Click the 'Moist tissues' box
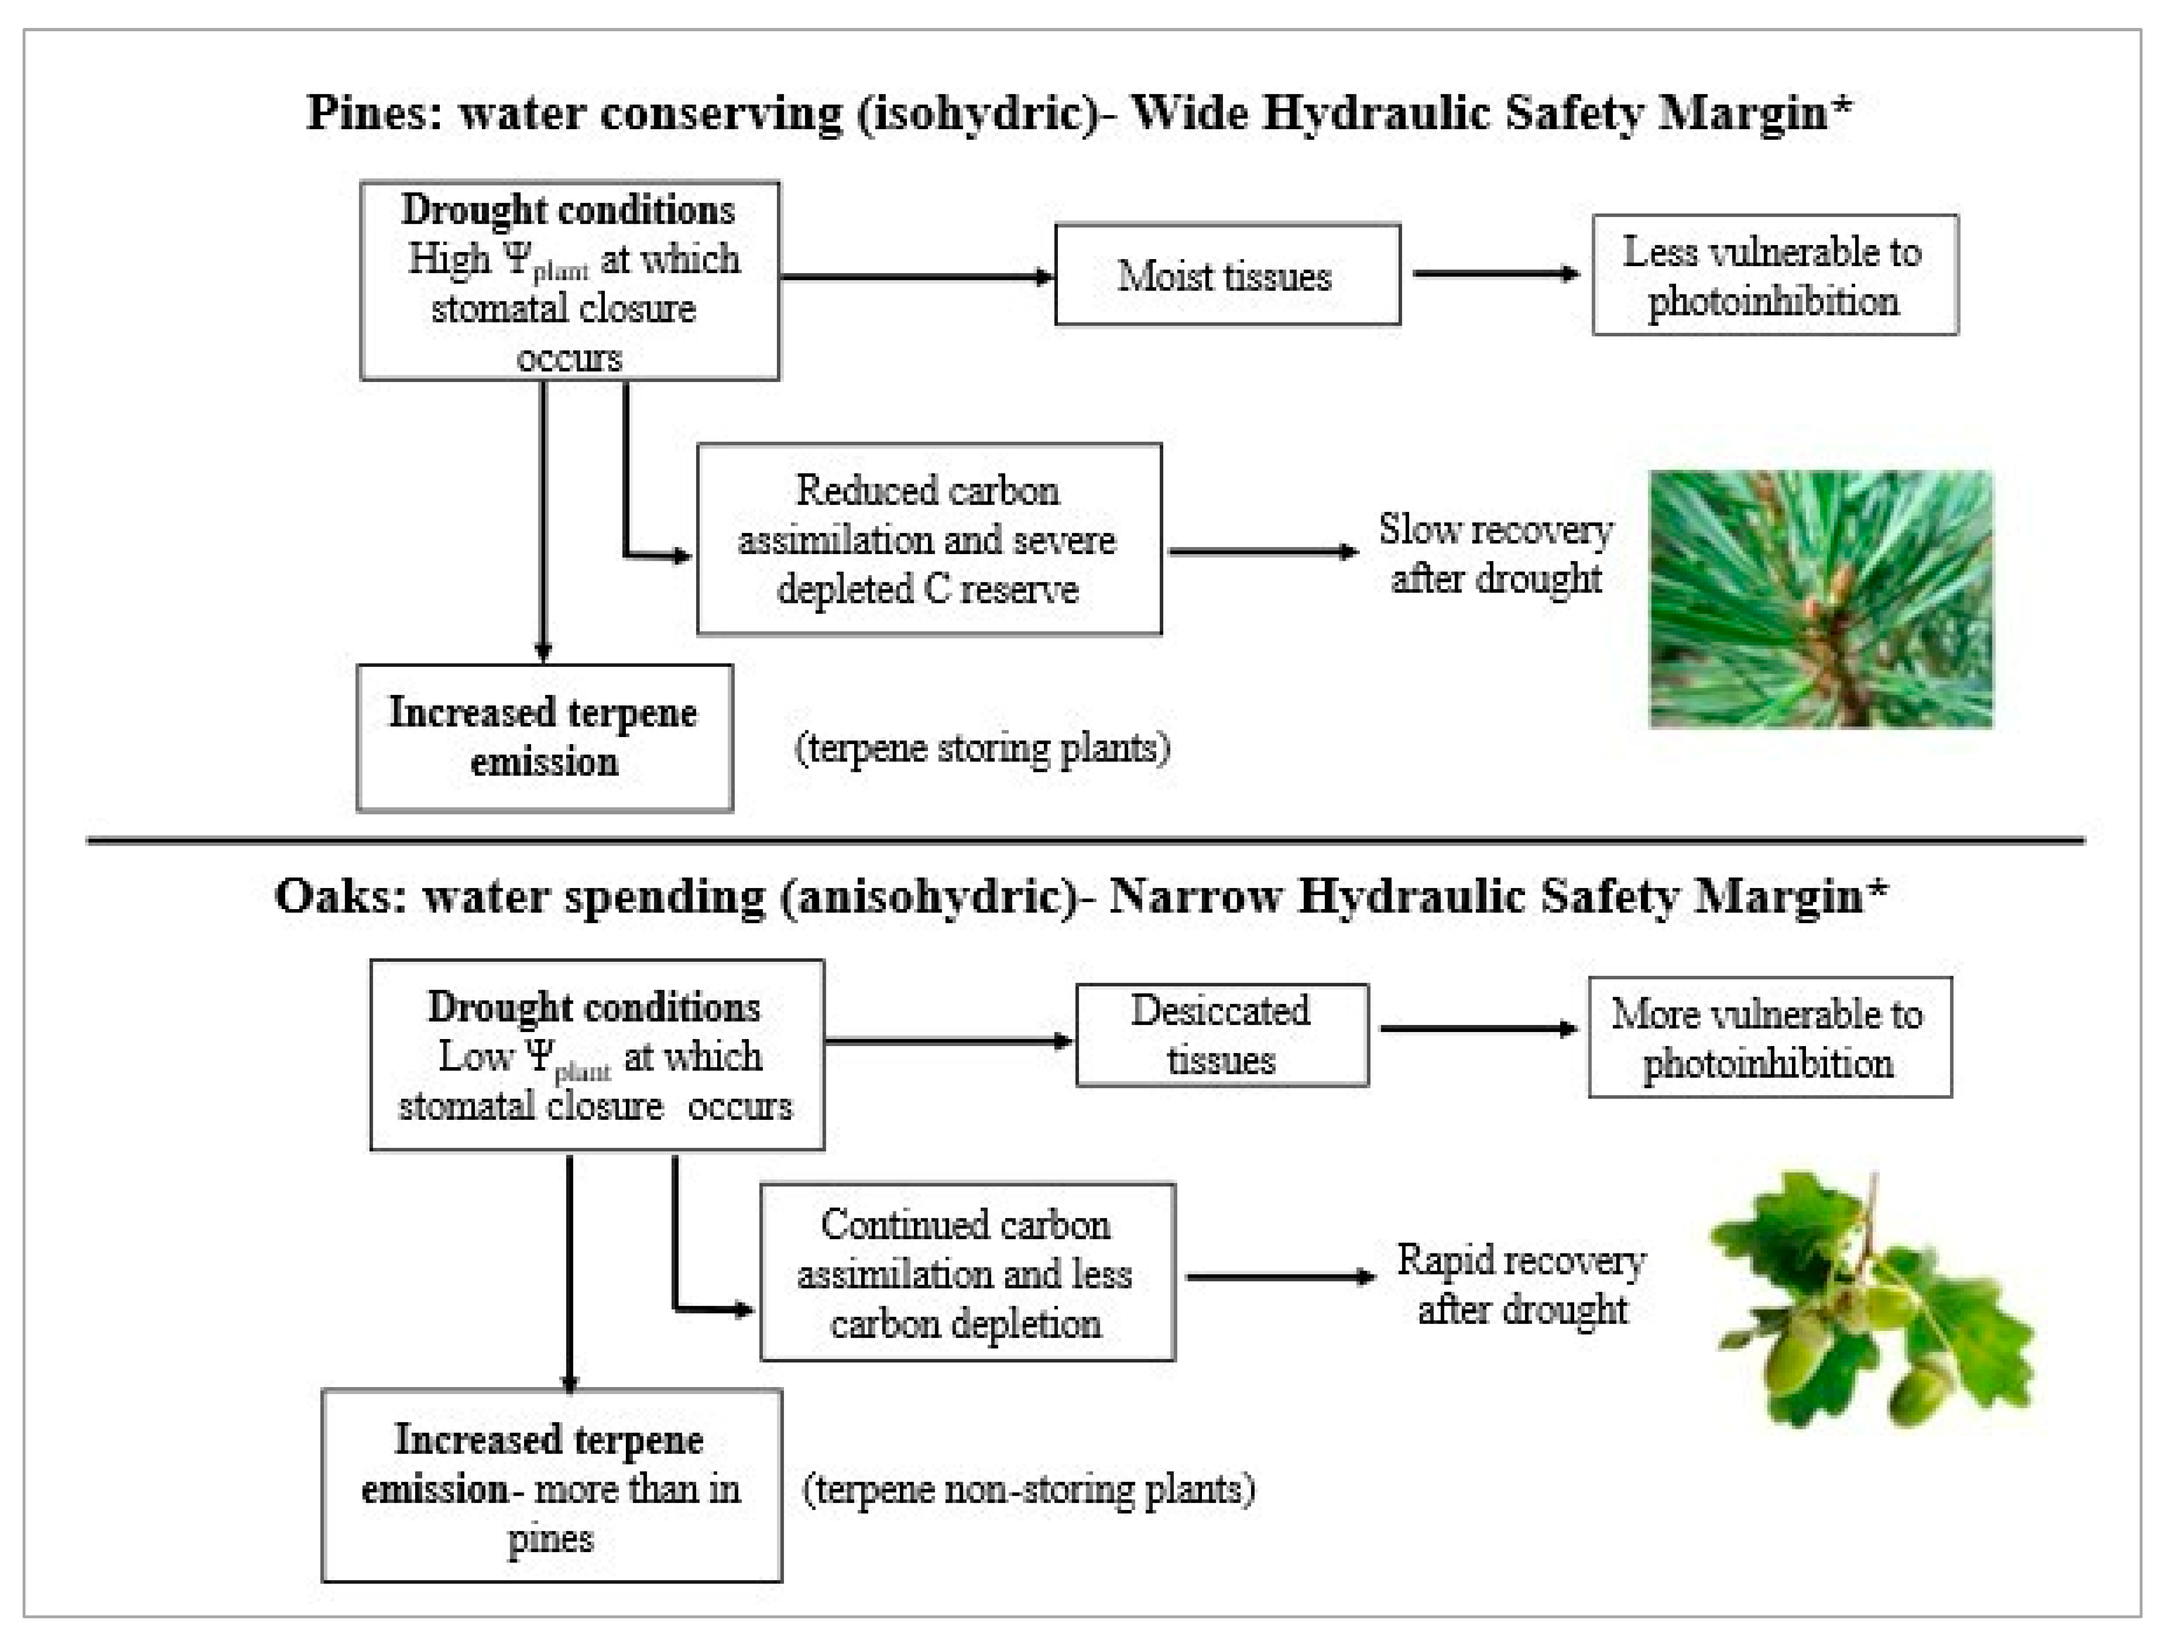coord(1227,275)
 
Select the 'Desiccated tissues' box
coord(1221,1035)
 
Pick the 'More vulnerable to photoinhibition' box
coord(1769,1037)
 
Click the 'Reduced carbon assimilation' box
coord(928,540)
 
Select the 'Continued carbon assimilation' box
coord(967,1273)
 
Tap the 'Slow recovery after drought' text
coord(1495,553)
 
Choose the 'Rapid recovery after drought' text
coord(1521,1284)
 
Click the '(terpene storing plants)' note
coord(982,748)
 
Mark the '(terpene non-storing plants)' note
coord(1028,1490)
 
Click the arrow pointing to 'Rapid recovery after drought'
coord(1280,1277)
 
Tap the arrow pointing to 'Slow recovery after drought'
coord(1262,552)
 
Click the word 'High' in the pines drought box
coord(449,260)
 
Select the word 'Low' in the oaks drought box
coord(476,1056)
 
